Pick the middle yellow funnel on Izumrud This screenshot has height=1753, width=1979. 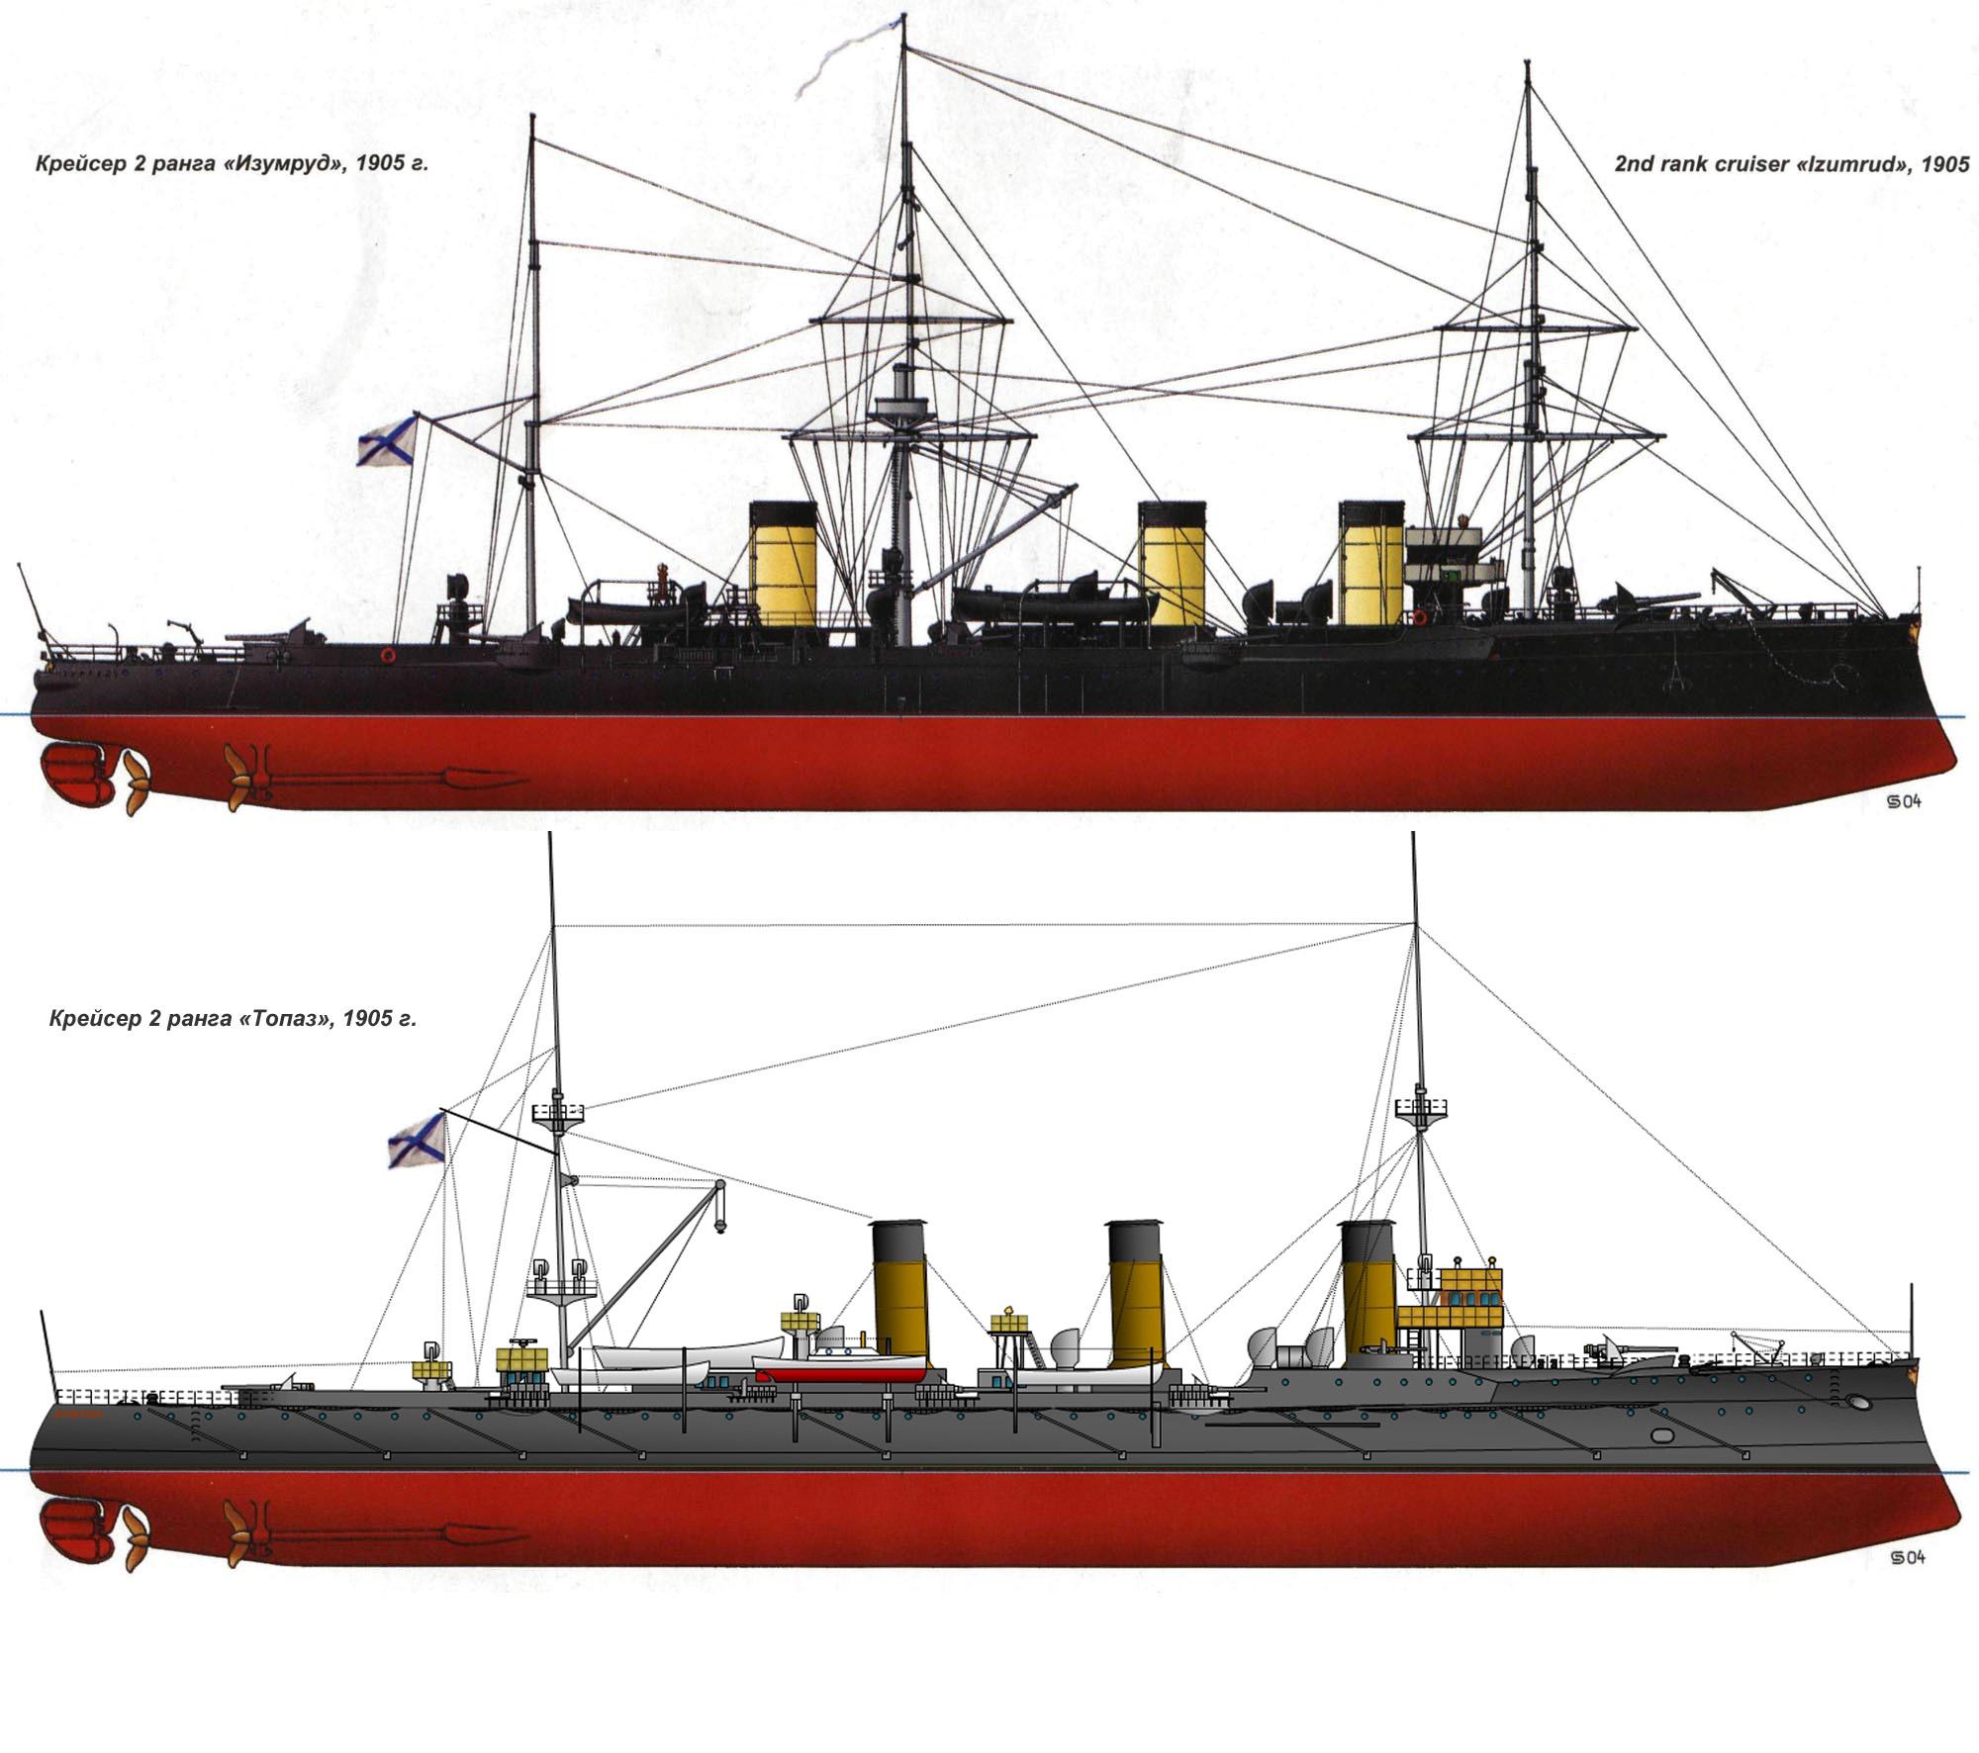1172,564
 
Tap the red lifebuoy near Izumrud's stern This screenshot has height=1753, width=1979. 387,655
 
